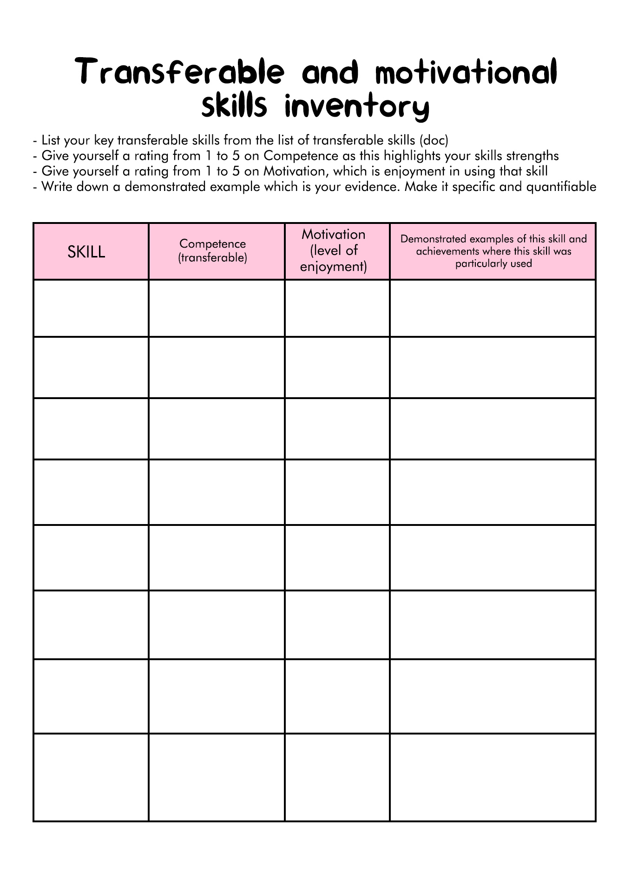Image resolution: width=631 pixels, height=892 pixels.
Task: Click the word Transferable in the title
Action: pos(180,72)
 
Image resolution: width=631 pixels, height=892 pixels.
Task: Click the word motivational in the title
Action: pos(466,72)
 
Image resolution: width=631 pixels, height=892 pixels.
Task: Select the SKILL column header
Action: pos(86,252)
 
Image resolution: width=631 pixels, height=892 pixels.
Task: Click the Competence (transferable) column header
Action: pos(213,250)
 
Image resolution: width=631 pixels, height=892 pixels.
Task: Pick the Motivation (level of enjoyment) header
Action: pos(334,250)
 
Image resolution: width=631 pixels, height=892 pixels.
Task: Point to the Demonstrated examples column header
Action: pos(493,251)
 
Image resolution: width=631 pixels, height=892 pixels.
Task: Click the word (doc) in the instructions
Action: pos(434,140)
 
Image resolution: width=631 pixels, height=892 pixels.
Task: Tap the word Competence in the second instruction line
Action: pos(301,156)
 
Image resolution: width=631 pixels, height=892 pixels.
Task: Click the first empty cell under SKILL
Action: pos(91,308)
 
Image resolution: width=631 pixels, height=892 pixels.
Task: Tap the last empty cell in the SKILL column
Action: pos(91,777)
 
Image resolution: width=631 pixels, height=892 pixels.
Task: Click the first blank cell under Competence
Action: pos(217,308)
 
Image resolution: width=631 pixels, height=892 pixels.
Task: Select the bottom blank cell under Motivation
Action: pos(337,777)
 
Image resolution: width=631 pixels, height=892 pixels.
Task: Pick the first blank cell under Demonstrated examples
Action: pos(493,308)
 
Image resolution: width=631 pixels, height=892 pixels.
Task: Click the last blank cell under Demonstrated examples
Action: pos(493,777)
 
